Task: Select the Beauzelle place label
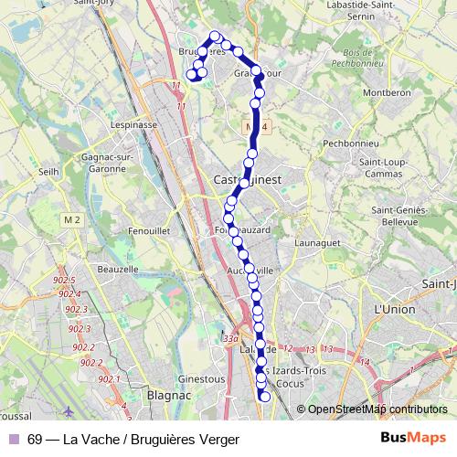[117, 269]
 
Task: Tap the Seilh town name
[49, 170]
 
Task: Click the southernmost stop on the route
[265, 396]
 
